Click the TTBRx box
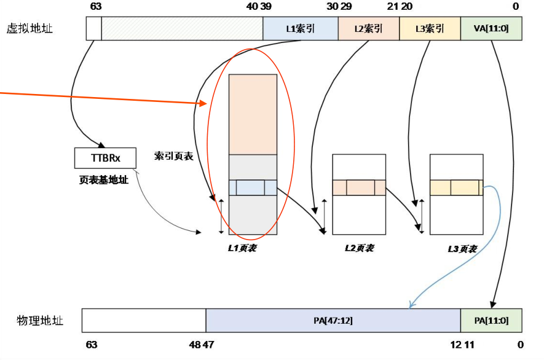click(105, 158)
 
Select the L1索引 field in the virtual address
click(300, 28)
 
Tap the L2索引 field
click(368, 28)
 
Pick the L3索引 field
click(429, 28)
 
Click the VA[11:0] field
click(491, 28)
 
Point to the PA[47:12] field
click(333, 321)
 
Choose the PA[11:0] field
click(491, 321)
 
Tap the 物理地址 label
click(40, 321)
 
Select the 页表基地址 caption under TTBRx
click(104, 180)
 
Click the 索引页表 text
click(174, 156)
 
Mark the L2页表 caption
click(359, 248)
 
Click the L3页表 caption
click(462, 248)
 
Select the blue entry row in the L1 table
click(253, 187)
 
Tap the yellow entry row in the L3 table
click(455, 187)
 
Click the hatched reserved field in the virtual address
click(182, 28)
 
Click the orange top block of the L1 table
click(253, 114)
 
